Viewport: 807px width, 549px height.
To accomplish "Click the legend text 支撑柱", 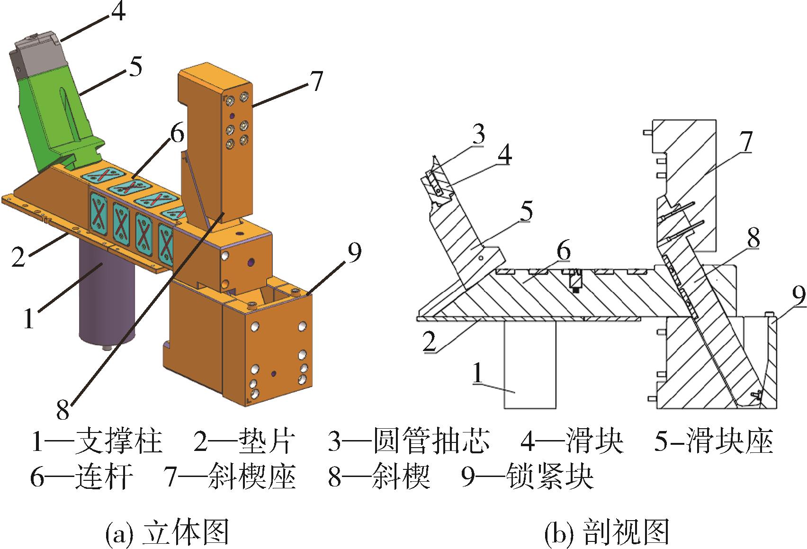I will tap(118, 441).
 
